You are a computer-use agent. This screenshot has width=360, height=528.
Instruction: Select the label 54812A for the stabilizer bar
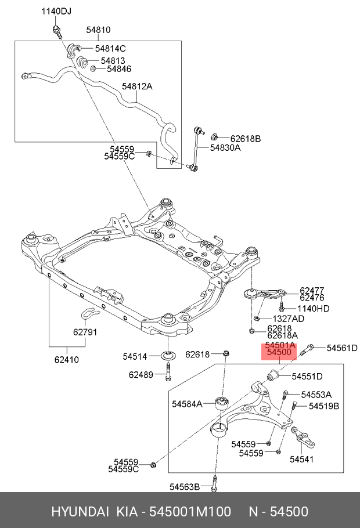click(x=137, y=86)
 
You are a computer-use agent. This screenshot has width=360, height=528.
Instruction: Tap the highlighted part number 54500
click(x=279, y=352)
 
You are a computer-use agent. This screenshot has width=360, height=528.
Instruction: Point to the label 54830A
click(x=225, y=148)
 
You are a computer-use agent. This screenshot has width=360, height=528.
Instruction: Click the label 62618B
click(x=245, y=139)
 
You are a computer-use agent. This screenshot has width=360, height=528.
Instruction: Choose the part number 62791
click(x=85, y=332)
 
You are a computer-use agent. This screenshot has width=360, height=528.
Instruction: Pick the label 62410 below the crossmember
click(x=67, y=359)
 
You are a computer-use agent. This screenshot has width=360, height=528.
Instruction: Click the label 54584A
click(x=187, y=403)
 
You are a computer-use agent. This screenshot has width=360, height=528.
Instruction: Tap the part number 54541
click(x=301, y=459)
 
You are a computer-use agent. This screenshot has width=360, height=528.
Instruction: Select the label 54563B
click(x=185, y=487)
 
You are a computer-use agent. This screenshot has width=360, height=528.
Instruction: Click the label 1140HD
click(x=313, y=308)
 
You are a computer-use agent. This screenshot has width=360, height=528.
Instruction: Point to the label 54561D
click(x=343, y=348)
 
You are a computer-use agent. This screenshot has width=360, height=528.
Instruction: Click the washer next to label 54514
click(x=167, y=356)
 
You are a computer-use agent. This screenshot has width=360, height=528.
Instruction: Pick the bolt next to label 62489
click(x=168, y=374)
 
